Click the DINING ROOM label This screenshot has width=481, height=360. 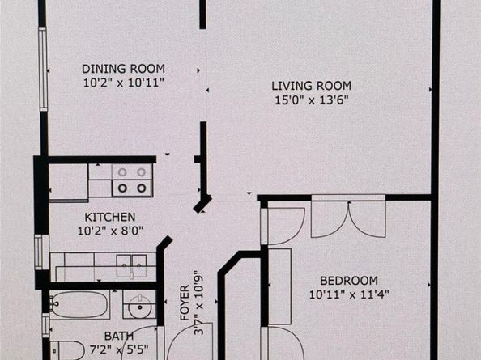(x=123, y=68)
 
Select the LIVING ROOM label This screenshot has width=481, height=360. (x=314, y=86)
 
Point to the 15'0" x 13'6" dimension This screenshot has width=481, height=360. (x=314, y=100)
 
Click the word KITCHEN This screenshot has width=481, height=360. (x=110, y=218)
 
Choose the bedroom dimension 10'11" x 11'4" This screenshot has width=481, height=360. (x=349, y=294)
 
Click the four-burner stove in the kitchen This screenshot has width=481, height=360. (x=132, y=180)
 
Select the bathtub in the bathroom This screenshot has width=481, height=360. (x=79, y=305)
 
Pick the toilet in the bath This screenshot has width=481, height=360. (x=68, y=350)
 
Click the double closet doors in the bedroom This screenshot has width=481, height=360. (x=347, y=218)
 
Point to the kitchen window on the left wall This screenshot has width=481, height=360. (x=38, y=252)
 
